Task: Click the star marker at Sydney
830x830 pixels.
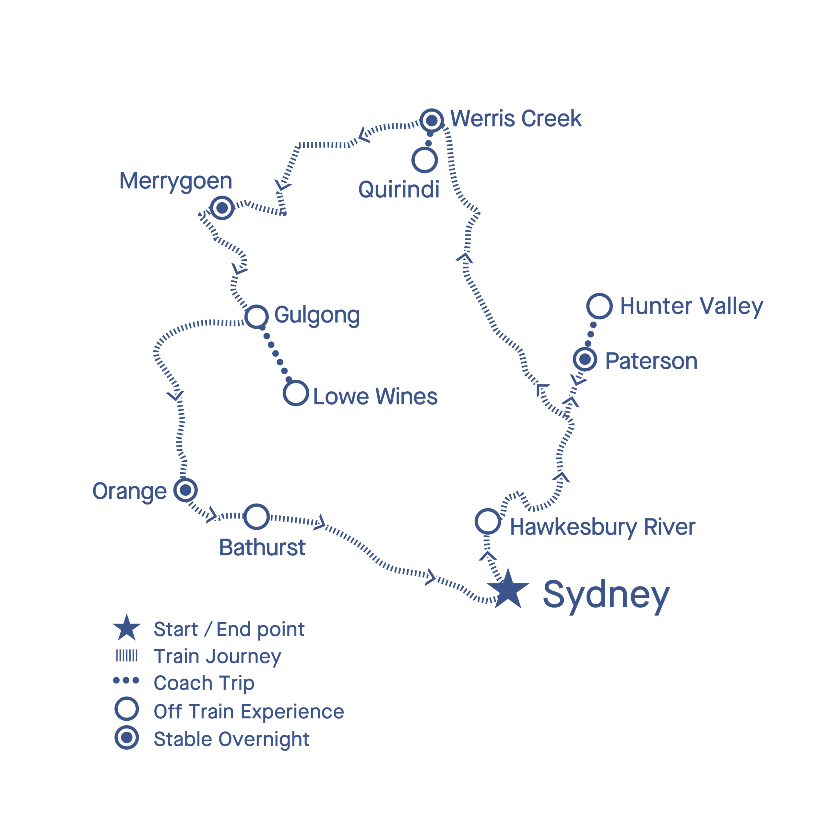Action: [508, 590]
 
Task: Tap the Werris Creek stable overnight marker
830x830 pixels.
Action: [432, 121]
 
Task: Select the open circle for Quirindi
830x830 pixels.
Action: [424, 160]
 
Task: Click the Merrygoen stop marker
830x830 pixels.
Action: [222, 208]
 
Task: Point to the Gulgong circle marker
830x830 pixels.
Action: [256, 317]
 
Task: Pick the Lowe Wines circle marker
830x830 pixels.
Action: [296, 393]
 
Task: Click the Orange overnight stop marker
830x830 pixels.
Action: [185, 490]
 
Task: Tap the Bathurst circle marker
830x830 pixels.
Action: [256, 517]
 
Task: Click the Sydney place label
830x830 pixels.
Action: [606, 596]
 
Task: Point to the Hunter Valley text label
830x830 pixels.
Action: [692, 307]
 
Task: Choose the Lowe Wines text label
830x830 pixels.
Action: [375, 396]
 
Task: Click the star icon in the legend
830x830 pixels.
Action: [127, 628]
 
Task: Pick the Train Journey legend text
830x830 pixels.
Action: [217, 657]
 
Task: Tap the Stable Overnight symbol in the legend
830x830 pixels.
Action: [127, 738]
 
